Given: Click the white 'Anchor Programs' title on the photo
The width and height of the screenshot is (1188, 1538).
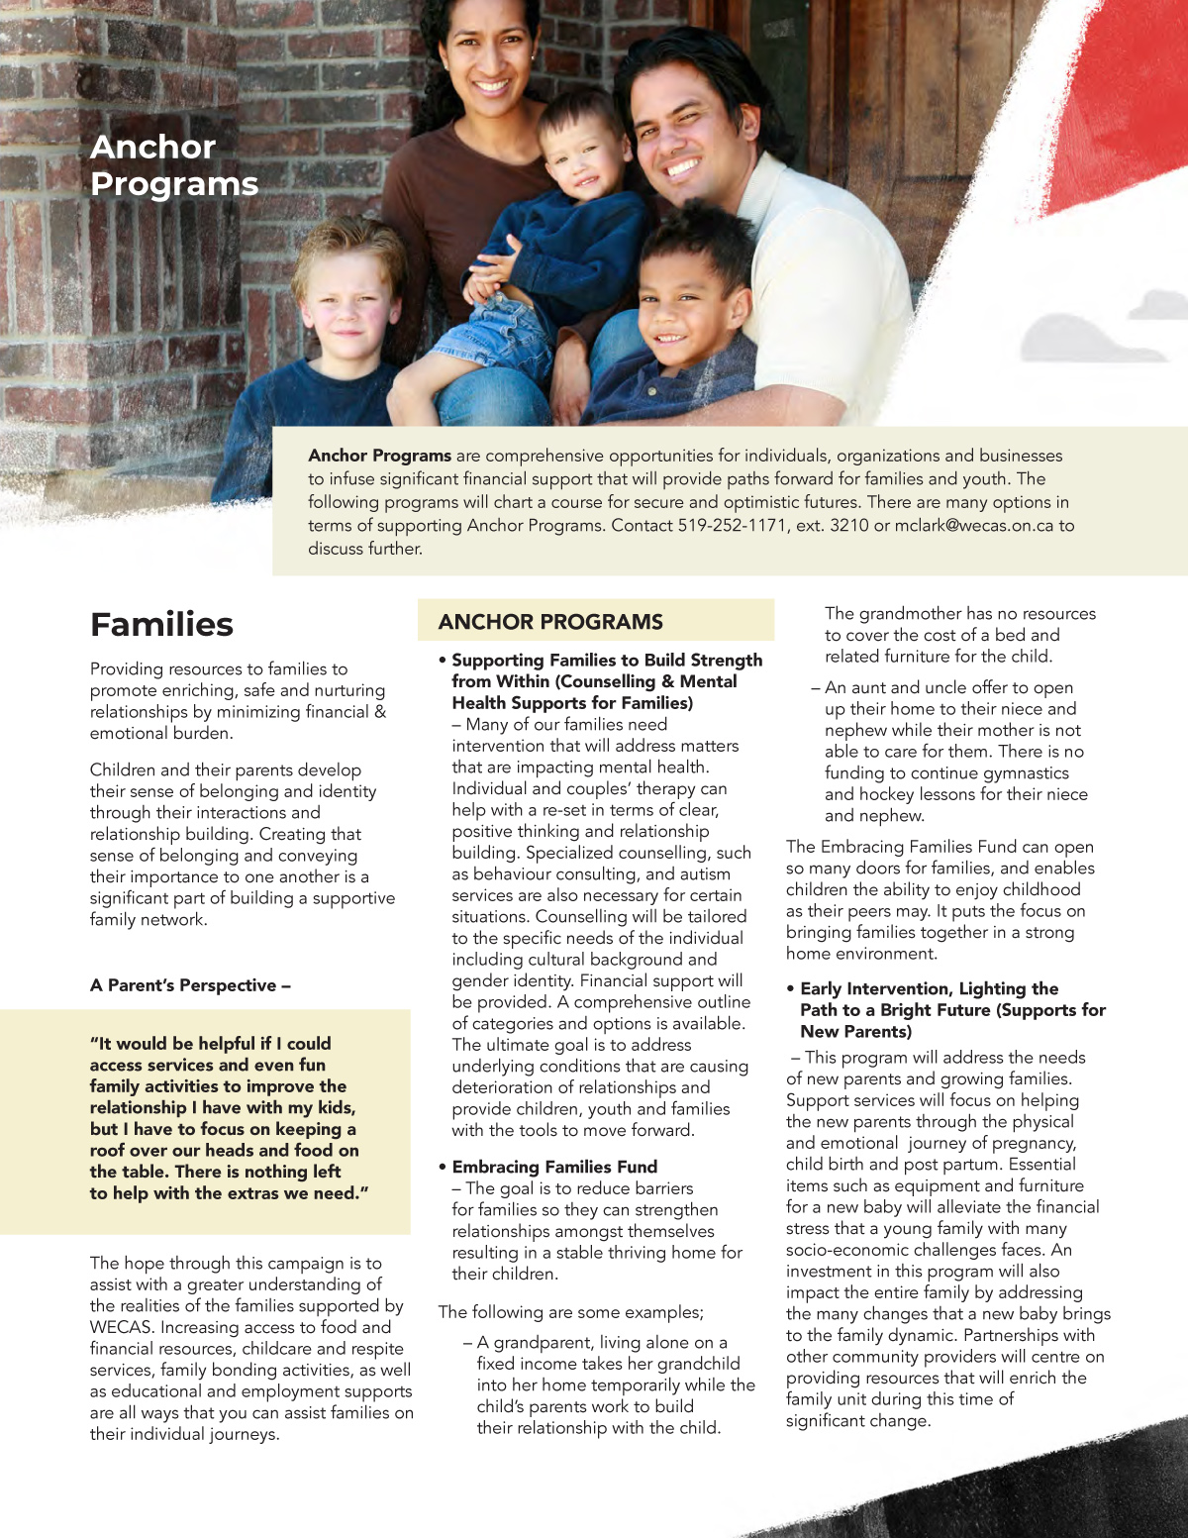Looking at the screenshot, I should pos(173,165).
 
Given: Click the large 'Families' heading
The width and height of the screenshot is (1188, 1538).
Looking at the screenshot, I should pos(161,625).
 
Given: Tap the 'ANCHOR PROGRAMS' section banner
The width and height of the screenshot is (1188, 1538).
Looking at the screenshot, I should pos(550,622).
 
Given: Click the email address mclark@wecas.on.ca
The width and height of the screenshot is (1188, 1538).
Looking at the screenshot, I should pos(973,526).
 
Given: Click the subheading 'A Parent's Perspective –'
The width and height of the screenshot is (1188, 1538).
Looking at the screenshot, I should pos(190,985).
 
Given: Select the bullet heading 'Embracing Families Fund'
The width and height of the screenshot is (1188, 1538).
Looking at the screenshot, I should pos(554,1167).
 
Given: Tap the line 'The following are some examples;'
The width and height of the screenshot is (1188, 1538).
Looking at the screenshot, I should pos(571,1312).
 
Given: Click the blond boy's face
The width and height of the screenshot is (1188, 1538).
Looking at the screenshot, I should pos(348,302).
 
